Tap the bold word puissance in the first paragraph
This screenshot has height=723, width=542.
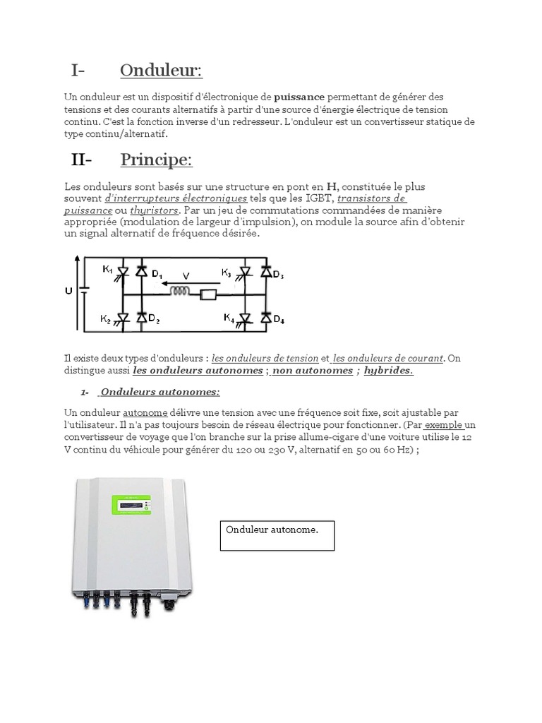299,96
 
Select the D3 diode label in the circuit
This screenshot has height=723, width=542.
277,275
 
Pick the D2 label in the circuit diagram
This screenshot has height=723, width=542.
153,321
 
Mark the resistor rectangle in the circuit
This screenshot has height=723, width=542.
208,295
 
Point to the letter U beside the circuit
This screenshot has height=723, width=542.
68,290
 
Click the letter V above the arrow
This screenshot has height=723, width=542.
186,276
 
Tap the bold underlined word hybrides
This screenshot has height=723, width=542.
388,370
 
